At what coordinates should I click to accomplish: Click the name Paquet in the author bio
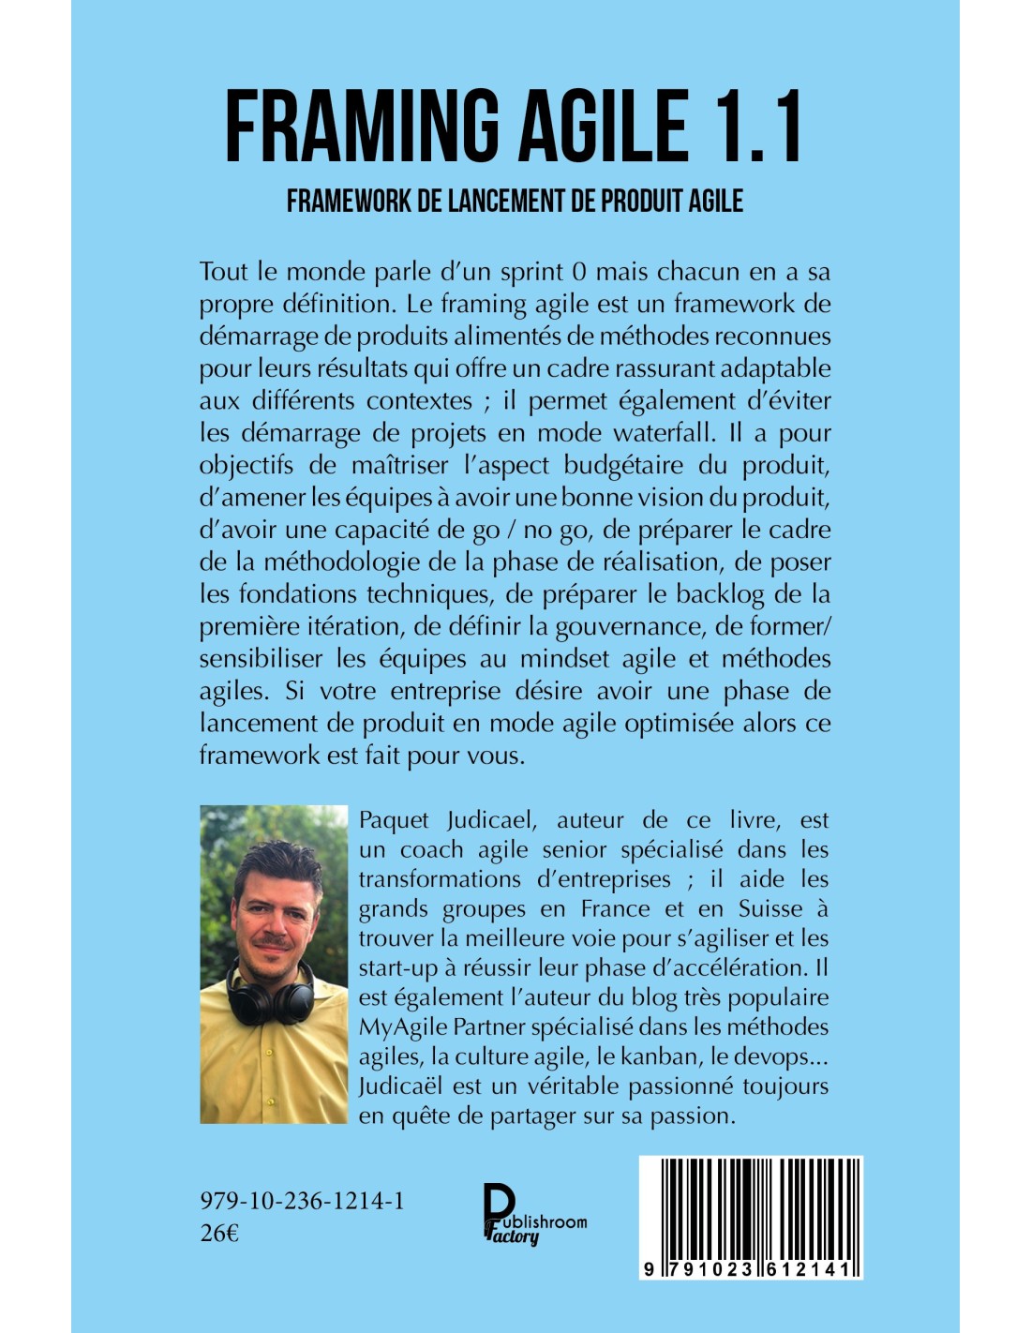click(x=394, y=820)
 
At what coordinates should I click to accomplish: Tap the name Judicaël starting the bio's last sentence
click(x=402, y=1086)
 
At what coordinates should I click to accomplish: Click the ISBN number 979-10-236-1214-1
click(x=302, y=1201)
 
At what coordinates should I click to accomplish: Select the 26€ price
click(x=219, y=1233)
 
